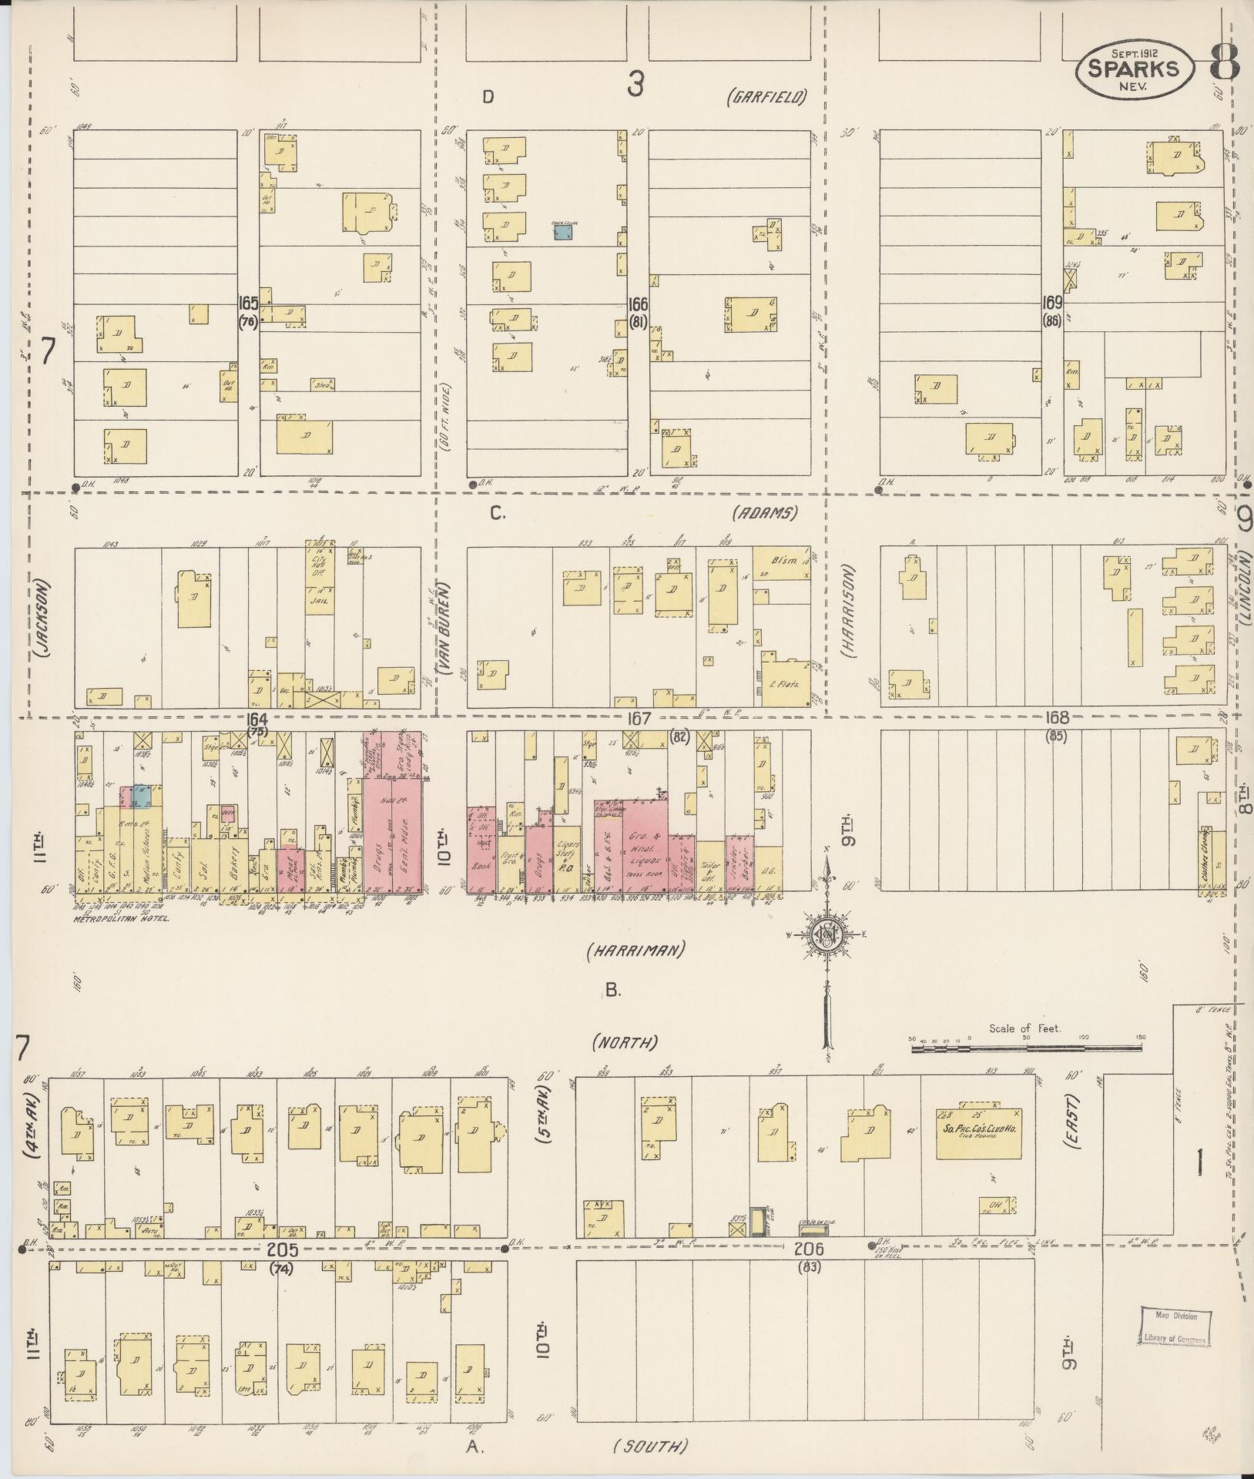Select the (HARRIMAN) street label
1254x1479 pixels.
coord(635,951)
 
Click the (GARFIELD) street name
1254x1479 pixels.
coord(767,97)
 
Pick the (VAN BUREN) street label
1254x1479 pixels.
coord(446,629)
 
